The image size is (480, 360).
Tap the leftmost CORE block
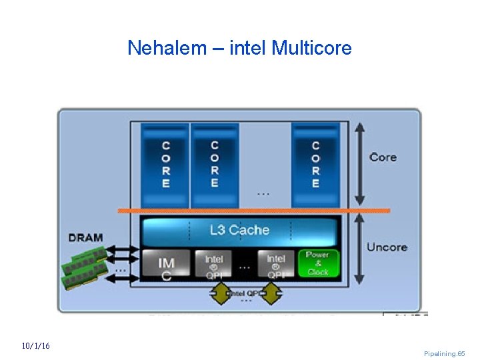[165, 164]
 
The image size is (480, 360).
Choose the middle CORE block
[214, 164]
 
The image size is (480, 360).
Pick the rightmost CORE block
[315, 164]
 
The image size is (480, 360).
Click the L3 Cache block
[239, 231]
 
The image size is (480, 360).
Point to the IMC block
[166, 265]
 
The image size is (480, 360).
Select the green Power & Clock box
[318, 263]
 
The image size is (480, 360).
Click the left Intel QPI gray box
[214, 264]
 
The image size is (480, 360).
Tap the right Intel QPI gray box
[275, 264]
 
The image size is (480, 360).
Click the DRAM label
[85, 237]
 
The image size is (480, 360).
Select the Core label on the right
[383, 157]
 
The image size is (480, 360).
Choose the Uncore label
[387, 247]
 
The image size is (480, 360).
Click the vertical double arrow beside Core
[359, 164]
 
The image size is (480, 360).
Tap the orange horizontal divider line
[253, 211]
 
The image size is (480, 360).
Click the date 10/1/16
[35, 346]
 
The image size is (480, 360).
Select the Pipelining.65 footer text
[445, 353]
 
